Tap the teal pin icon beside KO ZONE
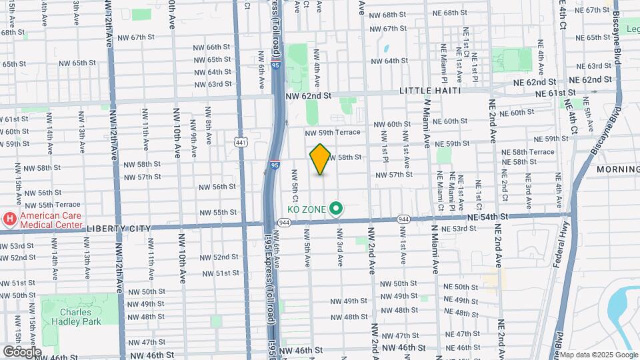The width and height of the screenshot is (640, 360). click(337, 209)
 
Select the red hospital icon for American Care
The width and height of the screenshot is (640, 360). click(10, 219)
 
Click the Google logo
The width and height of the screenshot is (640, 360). click(22, 351)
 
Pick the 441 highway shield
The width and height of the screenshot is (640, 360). click(241, 141)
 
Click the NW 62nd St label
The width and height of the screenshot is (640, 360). click(308, 96)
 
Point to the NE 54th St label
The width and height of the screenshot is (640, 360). click(488, 217)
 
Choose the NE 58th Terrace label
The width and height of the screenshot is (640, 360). click(527, 152)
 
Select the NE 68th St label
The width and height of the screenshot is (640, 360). click(459, 13)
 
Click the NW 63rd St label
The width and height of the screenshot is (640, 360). click(213, 84)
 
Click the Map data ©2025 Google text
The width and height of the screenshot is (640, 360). click(599, 355)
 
